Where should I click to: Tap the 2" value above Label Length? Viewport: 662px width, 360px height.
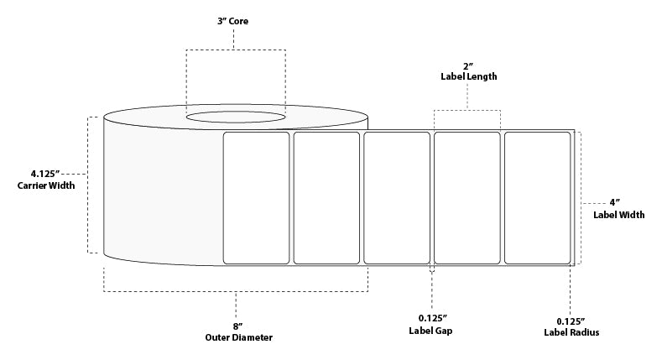coord(468,65)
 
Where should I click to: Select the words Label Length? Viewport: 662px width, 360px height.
coord(468,76)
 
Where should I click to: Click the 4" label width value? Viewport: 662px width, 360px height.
coord(618,201)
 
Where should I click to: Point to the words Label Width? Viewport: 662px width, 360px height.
coord(618,214)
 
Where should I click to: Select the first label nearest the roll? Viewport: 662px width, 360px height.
coord(256,197)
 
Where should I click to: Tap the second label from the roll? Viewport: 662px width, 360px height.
coord(326,197)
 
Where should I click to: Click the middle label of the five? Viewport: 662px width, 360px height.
coord(397,197)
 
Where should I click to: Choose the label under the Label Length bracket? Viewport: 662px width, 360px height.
coord(467,197)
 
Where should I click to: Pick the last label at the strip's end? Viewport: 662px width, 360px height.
coord(537,197)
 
